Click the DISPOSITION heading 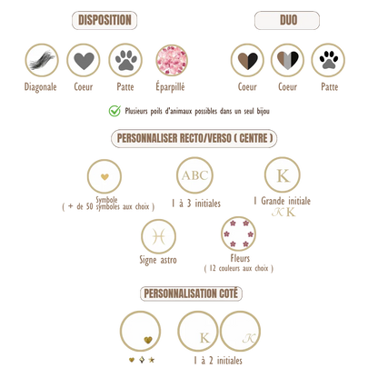point(104,20)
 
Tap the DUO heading point(287,20)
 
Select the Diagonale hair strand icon point(42,60)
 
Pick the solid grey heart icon point(84,60)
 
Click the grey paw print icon point(125,60)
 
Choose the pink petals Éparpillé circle point(172,60)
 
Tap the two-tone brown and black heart point(247,60)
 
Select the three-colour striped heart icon point(288,60)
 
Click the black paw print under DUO point(328,60)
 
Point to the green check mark point(114,111)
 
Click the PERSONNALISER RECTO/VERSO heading point(194,138)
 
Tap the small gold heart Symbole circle point(104,176)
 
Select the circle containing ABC point(194,175)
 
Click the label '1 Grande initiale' point(283,201)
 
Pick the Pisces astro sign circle point(158,236)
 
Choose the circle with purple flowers point(239,234)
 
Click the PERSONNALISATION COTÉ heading point(191,293)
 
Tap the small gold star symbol point(152,360)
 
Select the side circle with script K point(240,332)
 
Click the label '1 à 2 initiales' point(218,361)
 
